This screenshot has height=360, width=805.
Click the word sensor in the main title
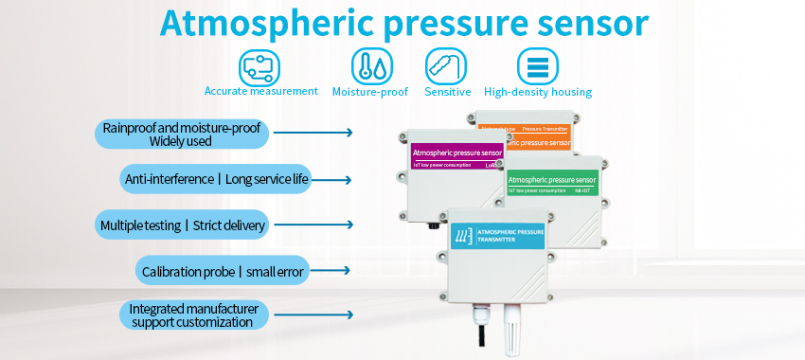[x=594, y=24]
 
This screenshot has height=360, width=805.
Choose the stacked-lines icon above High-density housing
[x=536, y=66]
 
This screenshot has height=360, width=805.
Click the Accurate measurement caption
[x=261, y=92]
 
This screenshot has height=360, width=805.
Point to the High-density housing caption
[x=537, y=92]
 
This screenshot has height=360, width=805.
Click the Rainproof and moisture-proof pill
[x=181, y=135]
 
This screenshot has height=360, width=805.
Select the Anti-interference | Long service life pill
[x=216, y=179]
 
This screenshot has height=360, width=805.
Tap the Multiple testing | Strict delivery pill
[x=184, y=225]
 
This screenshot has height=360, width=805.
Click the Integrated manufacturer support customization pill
[x=192, y=315]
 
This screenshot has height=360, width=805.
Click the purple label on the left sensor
[x=456, y=153]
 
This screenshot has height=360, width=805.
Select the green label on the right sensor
[x=552, y=179]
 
